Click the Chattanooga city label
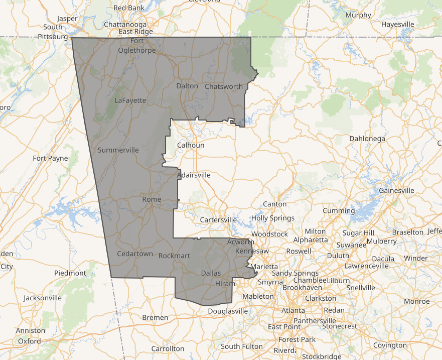[x=125, y=24]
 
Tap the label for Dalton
[x=187, y=86]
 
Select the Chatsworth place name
[x=224, y=86]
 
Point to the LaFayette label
[x=130, y=100]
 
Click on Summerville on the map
[x=118, y=150]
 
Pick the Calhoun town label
[x=191, y=145]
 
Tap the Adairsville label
[x=194, y=175]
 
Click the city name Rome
[x=152, y=199]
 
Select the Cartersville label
[x=218, y=220]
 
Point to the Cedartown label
[x=134, y=254]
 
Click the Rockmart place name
[x=174, y=256]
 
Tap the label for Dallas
[x=211, y=273]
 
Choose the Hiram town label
[x=225, y=284]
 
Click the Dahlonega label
[x=367, y=139]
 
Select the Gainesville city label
[x=396, y=190]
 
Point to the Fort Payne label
[x=50, y=158]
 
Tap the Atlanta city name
[x=293, y=310]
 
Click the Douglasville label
[x=228, y=311]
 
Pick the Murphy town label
[x=358, y=15]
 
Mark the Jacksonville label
[x=43, y=298]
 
